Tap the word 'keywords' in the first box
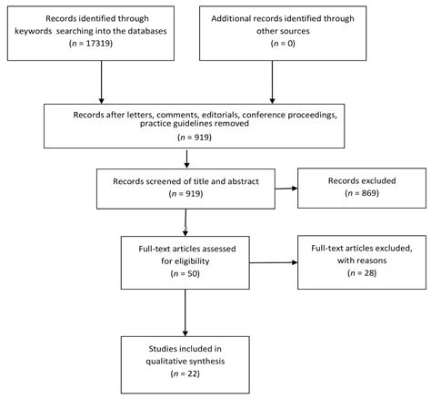pyautogui.click(x=45, y=30)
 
